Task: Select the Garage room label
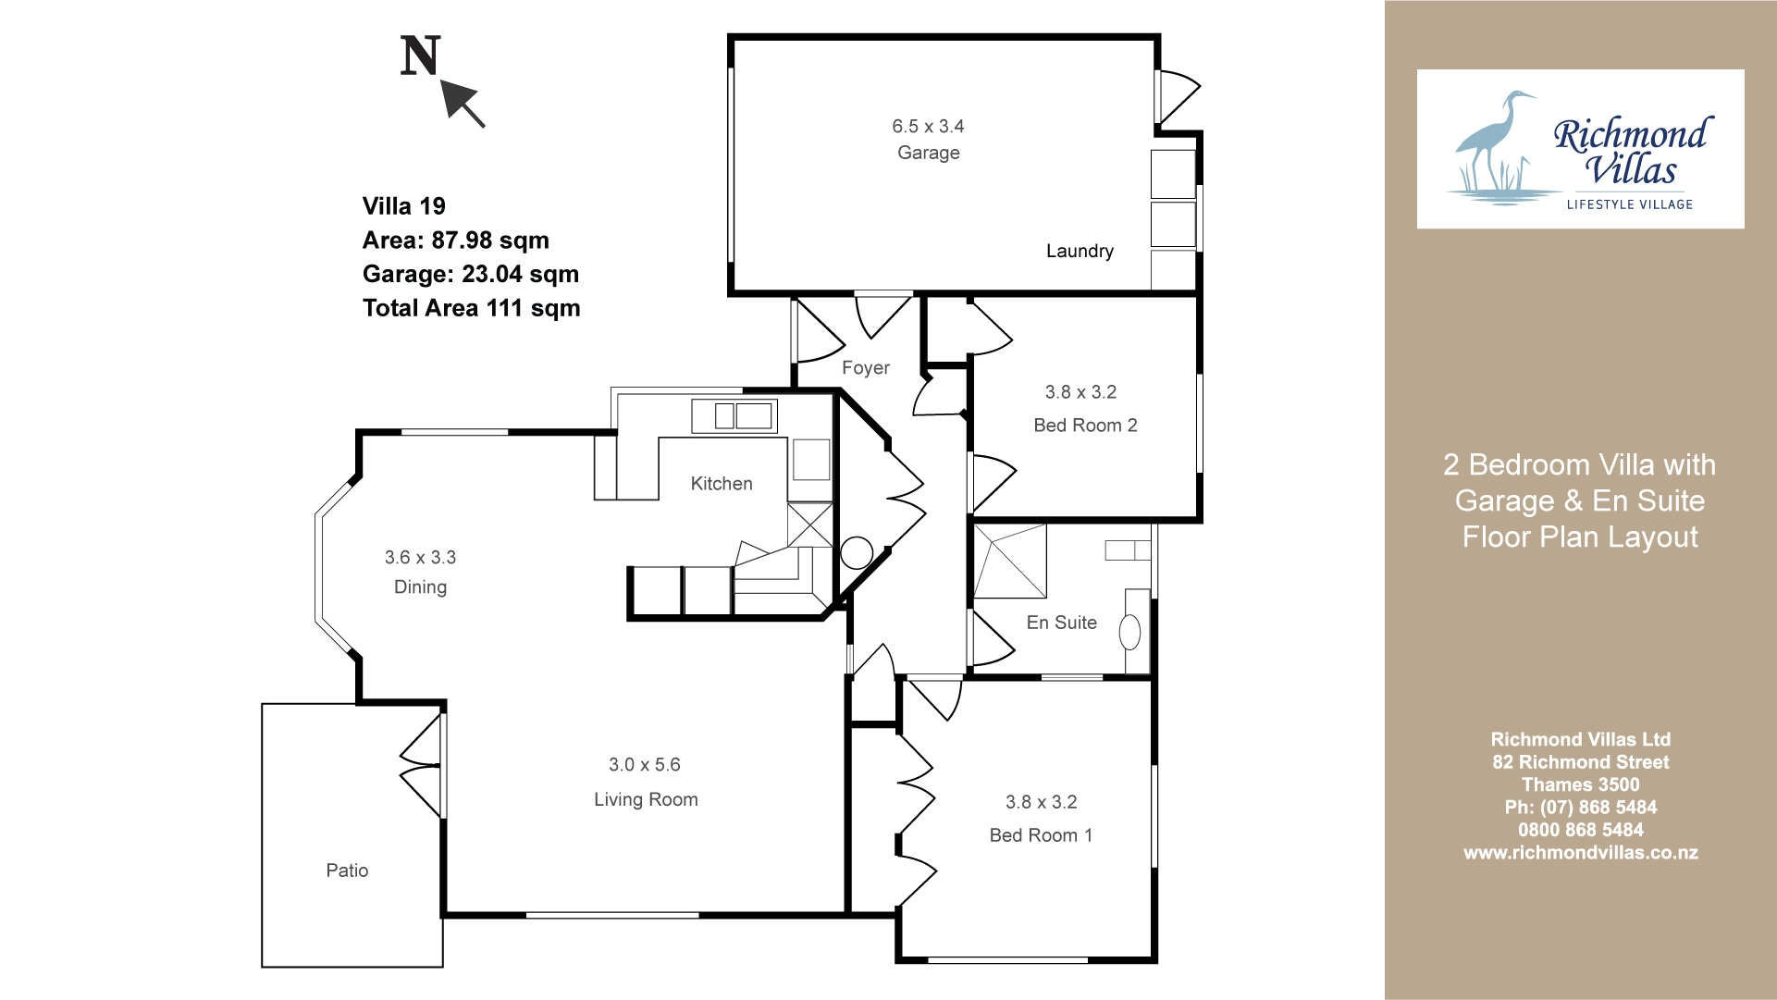coord(929,154)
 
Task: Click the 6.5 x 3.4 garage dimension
coord(928,126)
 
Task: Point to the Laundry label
coord(1080,251)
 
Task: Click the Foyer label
coord(866,367)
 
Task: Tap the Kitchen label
coord(722,483)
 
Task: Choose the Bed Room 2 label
coord(1085,426)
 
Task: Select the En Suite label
coord(1062,623)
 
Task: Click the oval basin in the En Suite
coord(1129,633)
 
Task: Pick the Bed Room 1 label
coord(1041,835)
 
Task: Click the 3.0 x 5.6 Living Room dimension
coord(645,765)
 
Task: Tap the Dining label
coord(420,587)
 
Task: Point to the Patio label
coord(347,870)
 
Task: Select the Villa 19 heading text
coord(403,206)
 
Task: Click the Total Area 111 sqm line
coord(471,308)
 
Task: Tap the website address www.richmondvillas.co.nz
coord(1580,853)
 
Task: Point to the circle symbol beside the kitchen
coord(857,553)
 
